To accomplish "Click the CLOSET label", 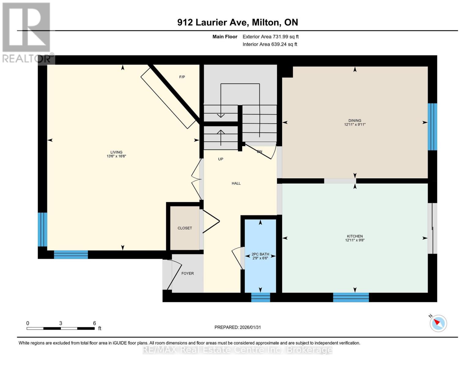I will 185,228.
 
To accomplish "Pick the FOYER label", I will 187,273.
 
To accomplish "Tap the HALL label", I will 236,183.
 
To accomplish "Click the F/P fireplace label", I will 182,77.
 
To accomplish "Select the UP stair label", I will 221,159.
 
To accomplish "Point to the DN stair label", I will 259,152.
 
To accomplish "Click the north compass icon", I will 438,323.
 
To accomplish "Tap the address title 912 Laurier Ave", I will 237,22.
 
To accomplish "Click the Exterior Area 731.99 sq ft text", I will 270,37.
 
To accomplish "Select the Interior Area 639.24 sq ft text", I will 270,44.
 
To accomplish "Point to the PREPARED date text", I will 237,327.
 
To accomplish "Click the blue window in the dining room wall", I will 432,127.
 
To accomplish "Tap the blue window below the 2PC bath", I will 261,297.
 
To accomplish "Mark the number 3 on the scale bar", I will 61,323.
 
